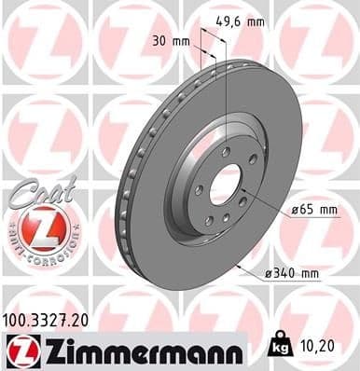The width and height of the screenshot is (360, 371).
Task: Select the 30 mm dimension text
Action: tap(164, 41)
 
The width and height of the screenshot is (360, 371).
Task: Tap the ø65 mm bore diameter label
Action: tap(315, 211)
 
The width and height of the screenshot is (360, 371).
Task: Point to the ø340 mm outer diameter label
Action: tap(292, 273)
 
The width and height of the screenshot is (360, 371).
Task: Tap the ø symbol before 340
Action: tap(269, 273)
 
